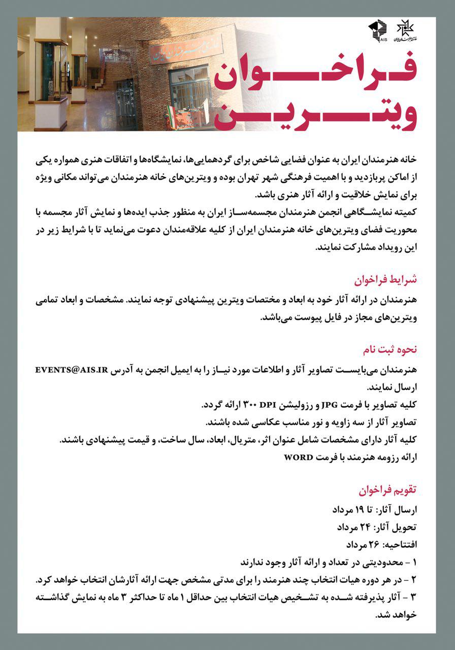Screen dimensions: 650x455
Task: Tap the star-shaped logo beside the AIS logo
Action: pos(405,31)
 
